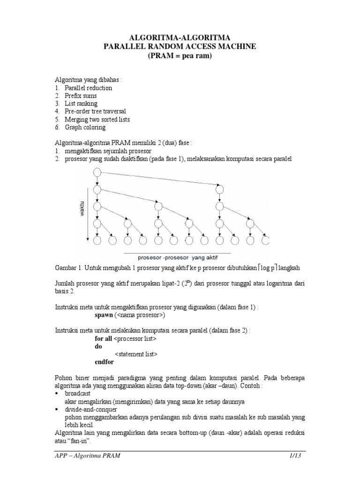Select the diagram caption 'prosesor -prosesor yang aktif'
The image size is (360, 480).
tap(177, 257)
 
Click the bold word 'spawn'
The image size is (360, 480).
tap(104, 315)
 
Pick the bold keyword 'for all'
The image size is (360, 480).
tap(104, 338)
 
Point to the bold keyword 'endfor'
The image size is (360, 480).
tap(104, 362)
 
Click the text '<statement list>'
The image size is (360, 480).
tap(136, 354)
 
